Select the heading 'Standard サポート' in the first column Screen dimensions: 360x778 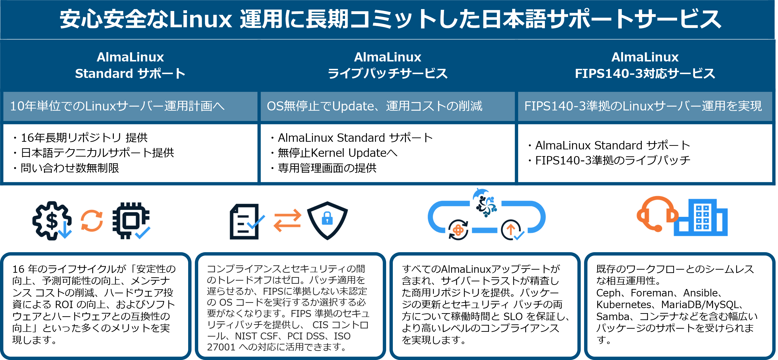point(130,73)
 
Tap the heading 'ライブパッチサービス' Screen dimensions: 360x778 point(388,73)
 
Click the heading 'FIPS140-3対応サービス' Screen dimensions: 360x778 point(645,73)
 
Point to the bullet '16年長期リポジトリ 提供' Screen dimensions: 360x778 point(84,138)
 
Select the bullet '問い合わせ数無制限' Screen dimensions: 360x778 point(70,168)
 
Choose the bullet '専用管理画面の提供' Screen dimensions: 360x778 point(327,168)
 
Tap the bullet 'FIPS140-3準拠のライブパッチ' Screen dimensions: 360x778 point(613,160)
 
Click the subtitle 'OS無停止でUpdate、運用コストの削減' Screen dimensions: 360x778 point(374,106)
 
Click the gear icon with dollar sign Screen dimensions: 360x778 point(52,220)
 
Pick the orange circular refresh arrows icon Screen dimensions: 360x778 point(92,221)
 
